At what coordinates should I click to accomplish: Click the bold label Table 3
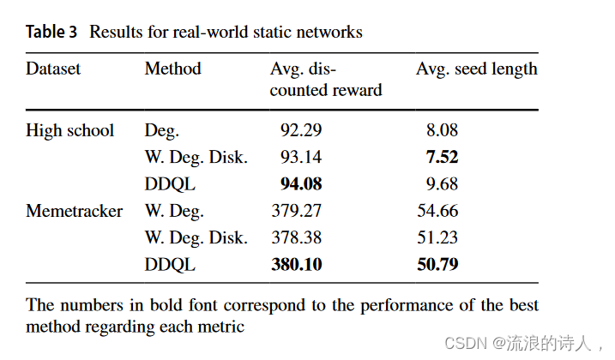pyautogui.click(x=53, y=33)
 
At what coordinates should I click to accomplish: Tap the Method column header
pyautogui.click(x=172, y=69)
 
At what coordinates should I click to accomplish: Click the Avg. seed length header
pyautogui.click(x=477, y=69)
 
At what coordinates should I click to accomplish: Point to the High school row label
pyautogui.click(x=69, y=131)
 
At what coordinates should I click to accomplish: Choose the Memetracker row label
pyautogui.click(x=74, y=211)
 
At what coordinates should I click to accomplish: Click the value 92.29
pyautogui.click(x=301, y=131)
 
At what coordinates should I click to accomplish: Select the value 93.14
pyautogui.click(x=301, y=158)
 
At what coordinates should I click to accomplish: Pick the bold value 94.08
pyautogui.click(x=301, y=184)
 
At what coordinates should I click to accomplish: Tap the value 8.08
pyautogui.click(x=442, y=131)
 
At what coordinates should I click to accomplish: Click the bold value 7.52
pyautogui.click(x=442, y=158)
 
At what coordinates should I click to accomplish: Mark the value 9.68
pyautogui.click(x=442, y=184)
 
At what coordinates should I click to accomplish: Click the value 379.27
pyautogui.click(x=297, y=211)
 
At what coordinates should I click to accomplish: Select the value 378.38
pyautogui.click(x=297, y=237)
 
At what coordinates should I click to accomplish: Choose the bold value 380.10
pyautogui.click(x=297, y=265)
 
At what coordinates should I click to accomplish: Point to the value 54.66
pyautogui.click(x=437, y=211)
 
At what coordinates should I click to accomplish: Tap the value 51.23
pyautogui.click(x=437, y=237)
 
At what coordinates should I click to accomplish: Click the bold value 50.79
pyautogui.click(x=437, y=265)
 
